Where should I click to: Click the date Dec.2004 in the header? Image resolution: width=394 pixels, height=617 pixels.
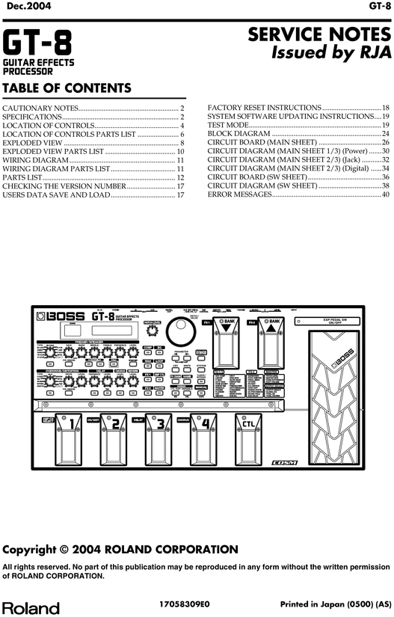coord(24,6)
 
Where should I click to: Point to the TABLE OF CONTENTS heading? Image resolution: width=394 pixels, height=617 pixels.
coord(67,88)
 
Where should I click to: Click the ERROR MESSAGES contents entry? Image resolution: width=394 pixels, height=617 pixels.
coord(239,194)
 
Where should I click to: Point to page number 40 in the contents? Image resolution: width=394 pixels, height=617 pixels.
coord(386,194)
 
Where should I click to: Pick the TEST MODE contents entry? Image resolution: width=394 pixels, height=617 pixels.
coord(228,126)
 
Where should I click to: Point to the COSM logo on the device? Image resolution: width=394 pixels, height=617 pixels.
coord(285,462)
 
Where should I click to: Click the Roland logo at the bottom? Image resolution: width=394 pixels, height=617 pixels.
coord(30,608)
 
